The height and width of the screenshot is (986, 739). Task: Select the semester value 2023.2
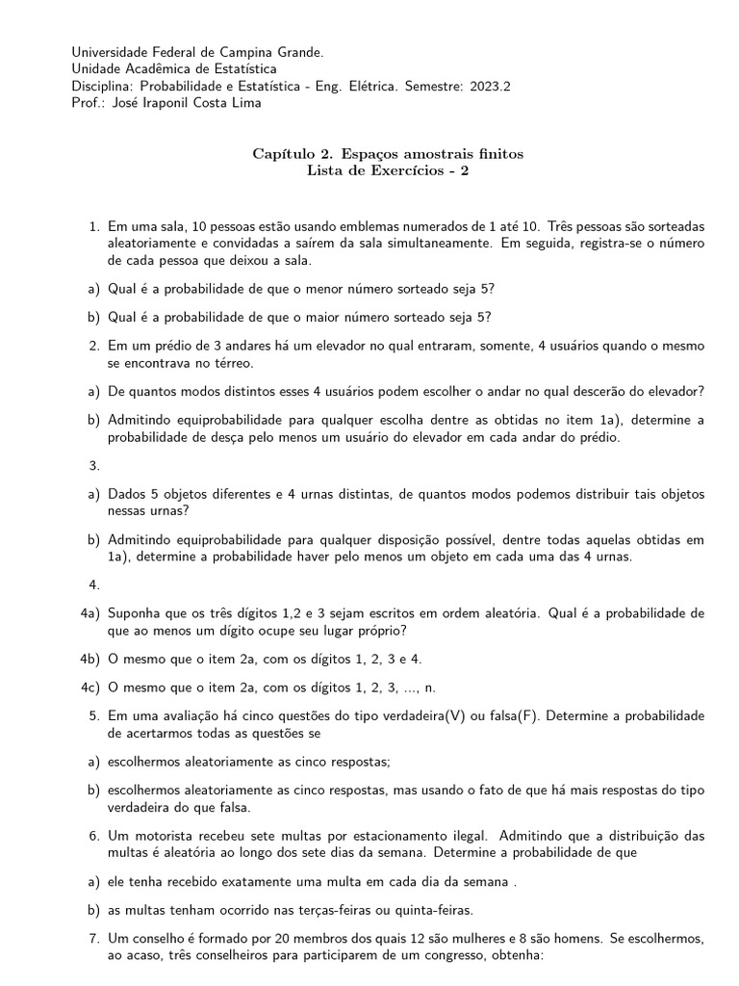[x=490, y=86]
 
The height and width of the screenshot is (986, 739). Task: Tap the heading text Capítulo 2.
[x=294, y=154]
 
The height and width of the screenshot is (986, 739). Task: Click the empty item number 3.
[x=94, y=465]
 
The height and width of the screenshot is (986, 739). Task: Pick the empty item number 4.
[x=94, y=584]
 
